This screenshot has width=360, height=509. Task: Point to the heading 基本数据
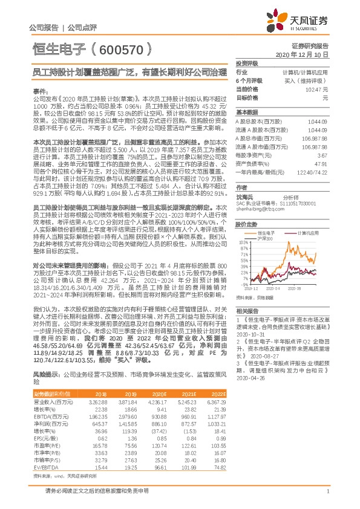(x=246, y=112)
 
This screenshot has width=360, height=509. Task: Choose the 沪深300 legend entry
(x=266, y=238)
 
